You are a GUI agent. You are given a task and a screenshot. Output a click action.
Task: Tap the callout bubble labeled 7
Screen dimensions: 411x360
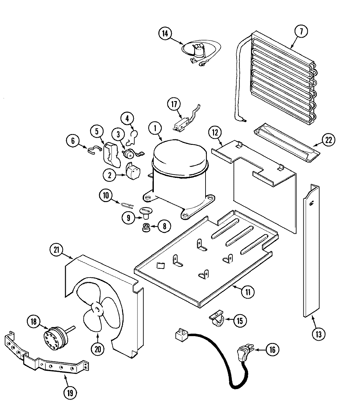301,32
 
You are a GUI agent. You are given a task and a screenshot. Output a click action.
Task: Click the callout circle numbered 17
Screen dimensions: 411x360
174,105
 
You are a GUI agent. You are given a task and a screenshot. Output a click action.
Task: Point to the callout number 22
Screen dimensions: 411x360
329,140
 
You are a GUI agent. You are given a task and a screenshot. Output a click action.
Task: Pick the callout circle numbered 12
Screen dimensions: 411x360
215,133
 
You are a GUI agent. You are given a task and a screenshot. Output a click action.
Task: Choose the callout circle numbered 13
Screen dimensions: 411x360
319,334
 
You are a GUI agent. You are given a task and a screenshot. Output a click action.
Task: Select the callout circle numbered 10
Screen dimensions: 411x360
106,196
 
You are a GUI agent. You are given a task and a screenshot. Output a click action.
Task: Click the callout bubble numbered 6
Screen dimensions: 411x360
73,141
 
